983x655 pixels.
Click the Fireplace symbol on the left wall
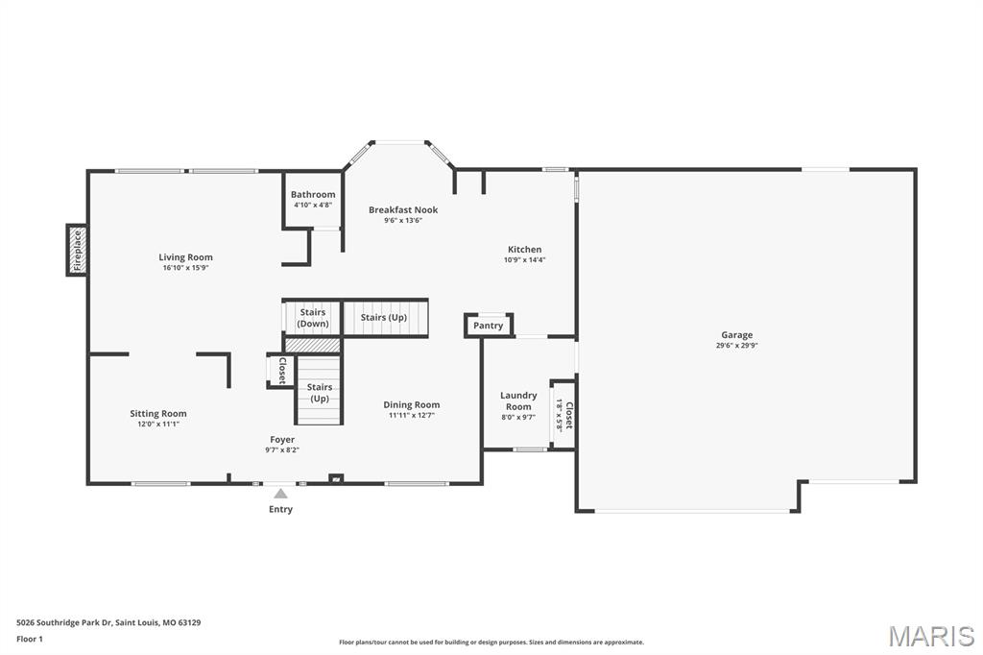pyautogui.click(x=77, y=250)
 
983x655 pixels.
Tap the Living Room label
pyautogui.click(x=185, y=257)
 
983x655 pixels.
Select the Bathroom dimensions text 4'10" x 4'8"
pyautogui.click(x=313, y=205)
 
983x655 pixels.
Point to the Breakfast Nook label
pyautogui.click(x=403, y=209)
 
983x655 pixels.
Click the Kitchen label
pyautogui.click(x=525, y=249)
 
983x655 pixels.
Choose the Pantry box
pyautogui.click(x=489, y=325)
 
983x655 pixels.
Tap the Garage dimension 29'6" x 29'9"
pyautogui.click(x=736, y=345)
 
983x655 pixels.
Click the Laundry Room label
pyautogui.click(x=518, y=400)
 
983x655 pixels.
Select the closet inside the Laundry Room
pyautogui.click(x=563, y=415)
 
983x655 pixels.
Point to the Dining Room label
pyautogui.click(x=412, y=404)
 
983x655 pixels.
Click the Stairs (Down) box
pyautogui.click(x=312, y=318)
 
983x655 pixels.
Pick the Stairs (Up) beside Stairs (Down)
pyautogui.click(x=385, y=318)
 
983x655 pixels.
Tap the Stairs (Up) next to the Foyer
pyautogui.click(x=319, y=390)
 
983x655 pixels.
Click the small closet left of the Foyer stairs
pyautogui.click(x=280, y=371)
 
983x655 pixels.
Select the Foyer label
pyautogui.click(x=282, y=439)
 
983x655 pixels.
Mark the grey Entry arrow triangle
pyautogui.click(x=281, y=493)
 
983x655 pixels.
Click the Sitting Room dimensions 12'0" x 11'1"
pyautogui.click(x=158, y=425)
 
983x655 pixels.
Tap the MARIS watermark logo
pyautogui.click(x=931, y=636)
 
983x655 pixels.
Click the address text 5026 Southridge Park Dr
pyautogui.click(x=64, y=623)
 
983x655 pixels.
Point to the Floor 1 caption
pyautogui.click(x=30, y=640)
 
